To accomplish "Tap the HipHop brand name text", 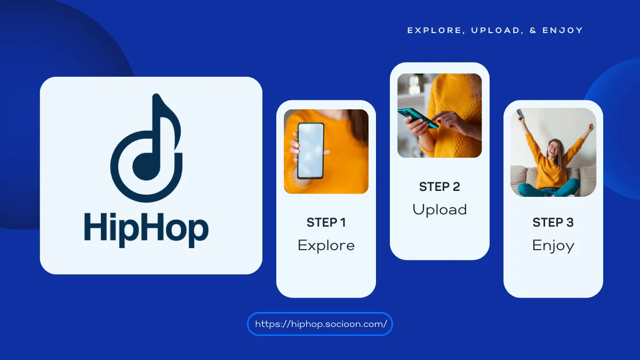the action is (x=146, y=230).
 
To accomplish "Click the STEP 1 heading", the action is (x=326, y=222).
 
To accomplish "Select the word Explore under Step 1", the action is (x=326, y=245).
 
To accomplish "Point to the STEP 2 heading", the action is (x=439, y=187).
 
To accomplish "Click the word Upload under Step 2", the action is (x=439, y=210).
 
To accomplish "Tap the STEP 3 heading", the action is (x=553, y=222).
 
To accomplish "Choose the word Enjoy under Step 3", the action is (x=553, y=246).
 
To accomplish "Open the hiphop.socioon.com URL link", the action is (x=321, y=324).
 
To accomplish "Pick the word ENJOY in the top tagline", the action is (x=563, y=30).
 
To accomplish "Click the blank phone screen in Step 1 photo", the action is (x=310, y=150).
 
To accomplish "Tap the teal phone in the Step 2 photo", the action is (x=418, y=118).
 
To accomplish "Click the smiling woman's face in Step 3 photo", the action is (x=554, y=149).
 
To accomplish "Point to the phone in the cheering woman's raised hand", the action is (x=521, y=114).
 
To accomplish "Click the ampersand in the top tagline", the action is (x=533, y=30).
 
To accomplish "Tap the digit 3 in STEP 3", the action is (x=570, y=222).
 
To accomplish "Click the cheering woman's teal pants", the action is (x=549, y=189).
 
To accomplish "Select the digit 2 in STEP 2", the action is (x=457, y=187).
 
